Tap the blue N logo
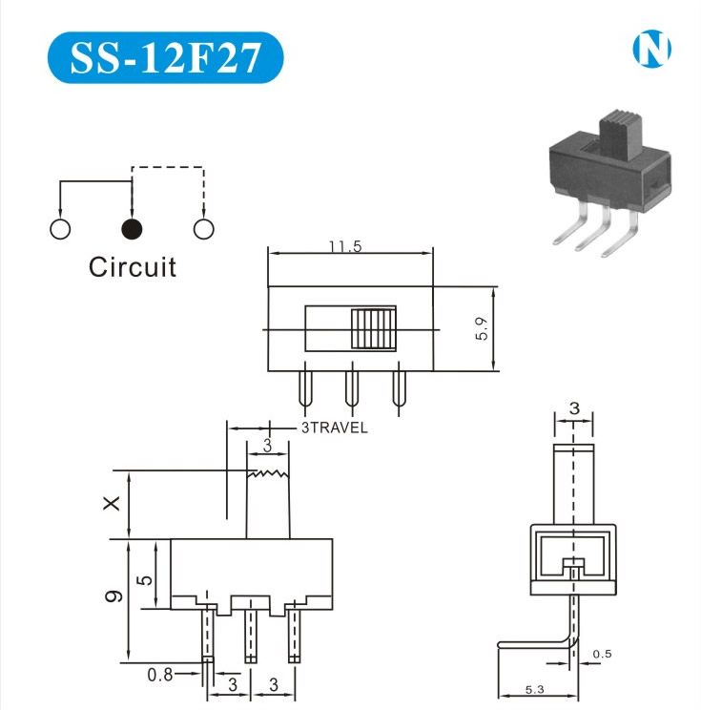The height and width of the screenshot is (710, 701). pyautogui.click(x=652, y=50)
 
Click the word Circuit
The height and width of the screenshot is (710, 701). pyautogui.click(x=133, y=266)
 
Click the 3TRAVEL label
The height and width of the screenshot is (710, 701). pyautogui.click(x=334, y=428)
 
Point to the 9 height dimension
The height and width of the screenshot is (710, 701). pyautogui.click(x=113, y=595)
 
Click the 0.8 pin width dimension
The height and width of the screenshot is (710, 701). pyautogui.click(x=160, y=675)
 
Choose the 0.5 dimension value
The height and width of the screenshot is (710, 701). pyautogui.click(x=603, y=654)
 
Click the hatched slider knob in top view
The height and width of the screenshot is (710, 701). pyautogui.click(x=373, y=329)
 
